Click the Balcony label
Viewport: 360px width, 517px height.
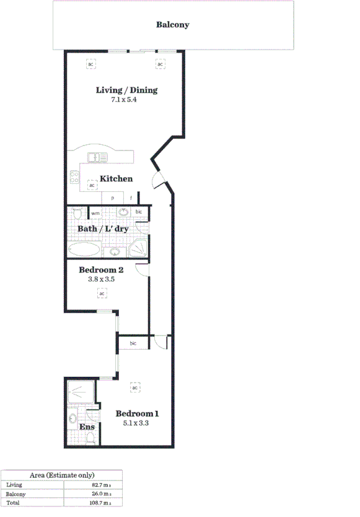click(172, 25)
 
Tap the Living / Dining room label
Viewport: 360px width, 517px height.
click(126, 90)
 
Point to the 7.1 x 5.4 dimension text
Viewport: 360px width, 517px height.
click(123, 100)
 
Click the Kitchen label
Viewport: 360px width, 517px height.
click(116, 179)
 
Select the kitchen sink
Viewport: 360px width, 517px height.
click(96, 157)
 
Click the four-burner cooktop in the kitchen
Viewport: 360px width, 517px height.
click(74, 179)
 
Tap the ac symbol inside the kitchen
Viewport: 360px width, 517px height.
click(92, 185)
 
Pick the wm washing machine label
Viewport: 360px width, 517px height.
click(95, 214)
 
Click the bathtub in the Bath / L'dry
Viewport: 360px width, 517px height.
click(83, 250)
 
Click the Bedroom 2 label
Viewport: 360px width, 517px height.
click(102, 270)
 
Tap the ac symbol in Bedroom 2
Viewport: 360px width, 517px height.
click(101, 293)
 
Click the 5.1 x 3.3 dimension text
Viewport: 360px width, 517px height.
click(135, 424)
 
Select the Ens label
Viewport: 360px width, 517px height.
click(86, 427)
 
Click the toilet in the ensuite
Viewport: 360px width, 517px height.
click(90, 438)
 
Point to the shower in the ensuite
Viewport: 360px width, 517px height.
click(81, 393)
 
